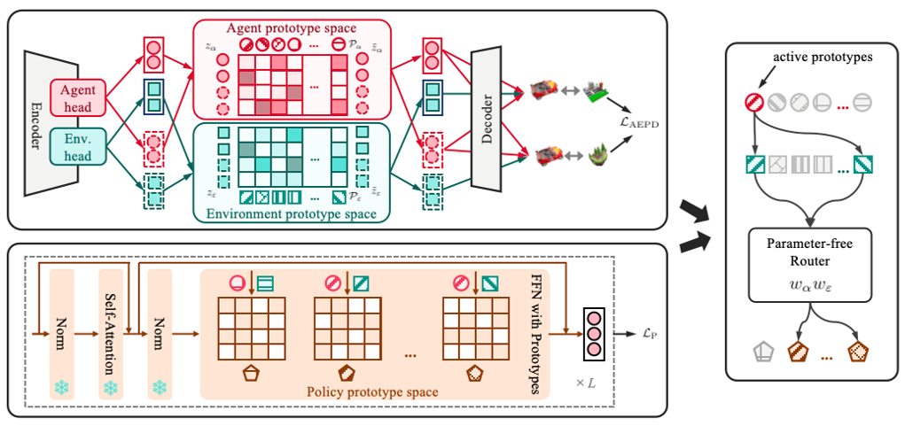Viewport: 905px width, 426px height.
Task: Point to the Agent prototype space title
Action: click(292, 27)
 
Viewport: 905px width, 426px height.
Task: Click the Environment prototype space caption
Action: click(292, 214)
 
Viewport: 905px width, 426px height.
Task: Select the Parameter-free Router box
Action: click(810, 265)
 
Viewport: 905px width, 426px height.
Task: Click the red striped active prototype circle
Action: click(754, 103)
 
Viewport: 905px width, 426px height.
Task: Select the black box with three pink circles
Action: click(593, 334)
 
